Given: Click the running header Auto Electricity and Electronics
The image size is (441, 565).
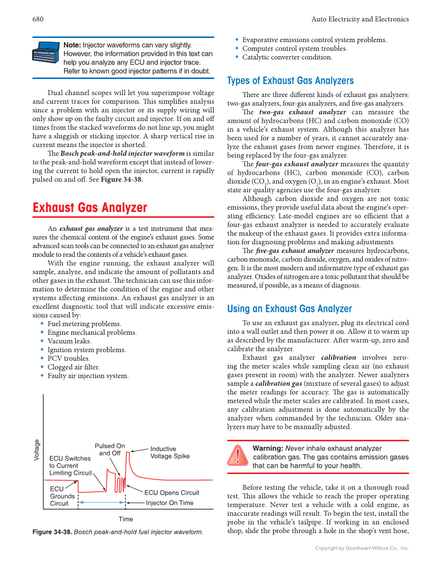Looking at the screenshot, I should point(360,19).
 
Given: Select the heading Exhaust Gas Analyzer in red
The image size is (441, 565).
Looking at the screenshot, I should point(90,208).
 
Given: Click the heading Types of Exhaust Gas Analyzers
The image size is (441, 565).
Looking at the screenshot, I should point(290,81).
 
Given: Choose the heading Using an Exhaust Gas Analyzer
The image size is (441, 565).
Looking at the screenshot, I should point(289,309).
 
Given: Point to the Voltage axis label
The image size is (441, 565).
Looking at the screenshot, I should point(37,450).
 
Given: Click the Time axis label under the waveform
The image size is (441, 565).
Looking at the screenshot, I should point(126,519).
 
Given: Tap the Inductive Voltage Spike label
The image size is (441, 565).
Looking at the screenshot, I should point(169,452).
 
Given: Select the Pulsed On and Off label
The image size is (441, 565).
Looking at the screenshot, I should point(110,450).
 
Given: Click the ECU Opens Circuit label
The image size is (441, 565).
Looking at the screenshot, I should point(171,493).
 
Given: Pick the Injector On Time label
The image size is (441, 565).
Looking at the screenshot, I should point(169,503).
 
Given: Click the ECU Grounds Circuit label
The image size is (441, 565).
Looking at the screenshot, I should point(62,496).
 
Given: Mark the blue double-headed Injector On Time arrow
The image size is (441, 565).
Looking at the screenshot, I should point(101,503).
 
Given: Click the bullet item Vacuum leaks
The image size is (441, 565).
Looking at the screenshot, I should point(69,341).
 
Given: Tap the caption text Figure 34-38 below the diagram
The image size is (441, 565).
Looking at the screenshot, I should point(117,532).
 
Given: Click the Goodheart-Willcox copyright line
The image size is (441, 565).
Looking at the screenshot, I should point(362,548).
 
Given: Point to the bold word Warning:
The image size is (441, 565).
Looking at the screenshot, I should point(268,448).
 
